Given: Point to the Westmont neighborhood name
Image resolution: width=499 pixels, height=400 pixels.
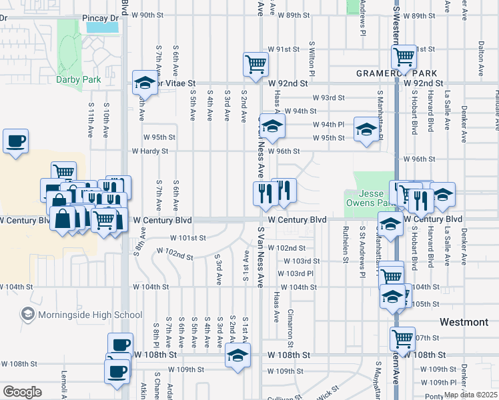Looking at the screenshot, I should (464, 322).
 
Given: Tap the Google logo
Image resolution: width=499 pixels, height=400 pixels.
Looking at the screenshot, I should (22, 391).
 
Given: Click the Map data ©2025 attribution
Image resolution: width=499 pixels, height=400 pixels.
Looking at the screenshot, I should (470, 395).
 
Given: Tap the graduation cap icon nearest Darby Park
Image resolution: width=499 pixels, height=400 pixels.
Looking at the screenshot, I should (144, 83).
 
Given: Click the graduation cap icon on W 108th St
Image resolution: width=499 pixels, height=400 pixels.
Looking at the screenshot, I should (237, 355).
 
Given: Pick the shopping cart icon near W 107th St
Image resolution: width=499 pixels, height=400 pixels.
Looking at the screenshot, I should (403, 339).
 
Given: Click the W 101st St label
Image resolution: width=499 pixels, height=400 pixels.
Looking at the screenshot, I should (188, 237).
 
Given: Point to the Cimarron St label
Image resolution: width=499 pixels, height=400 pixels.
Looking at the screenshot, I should (291, 323).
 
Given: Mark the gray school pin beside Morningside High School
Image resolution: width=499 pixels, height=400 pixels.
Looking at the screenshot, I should (27, 313).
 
